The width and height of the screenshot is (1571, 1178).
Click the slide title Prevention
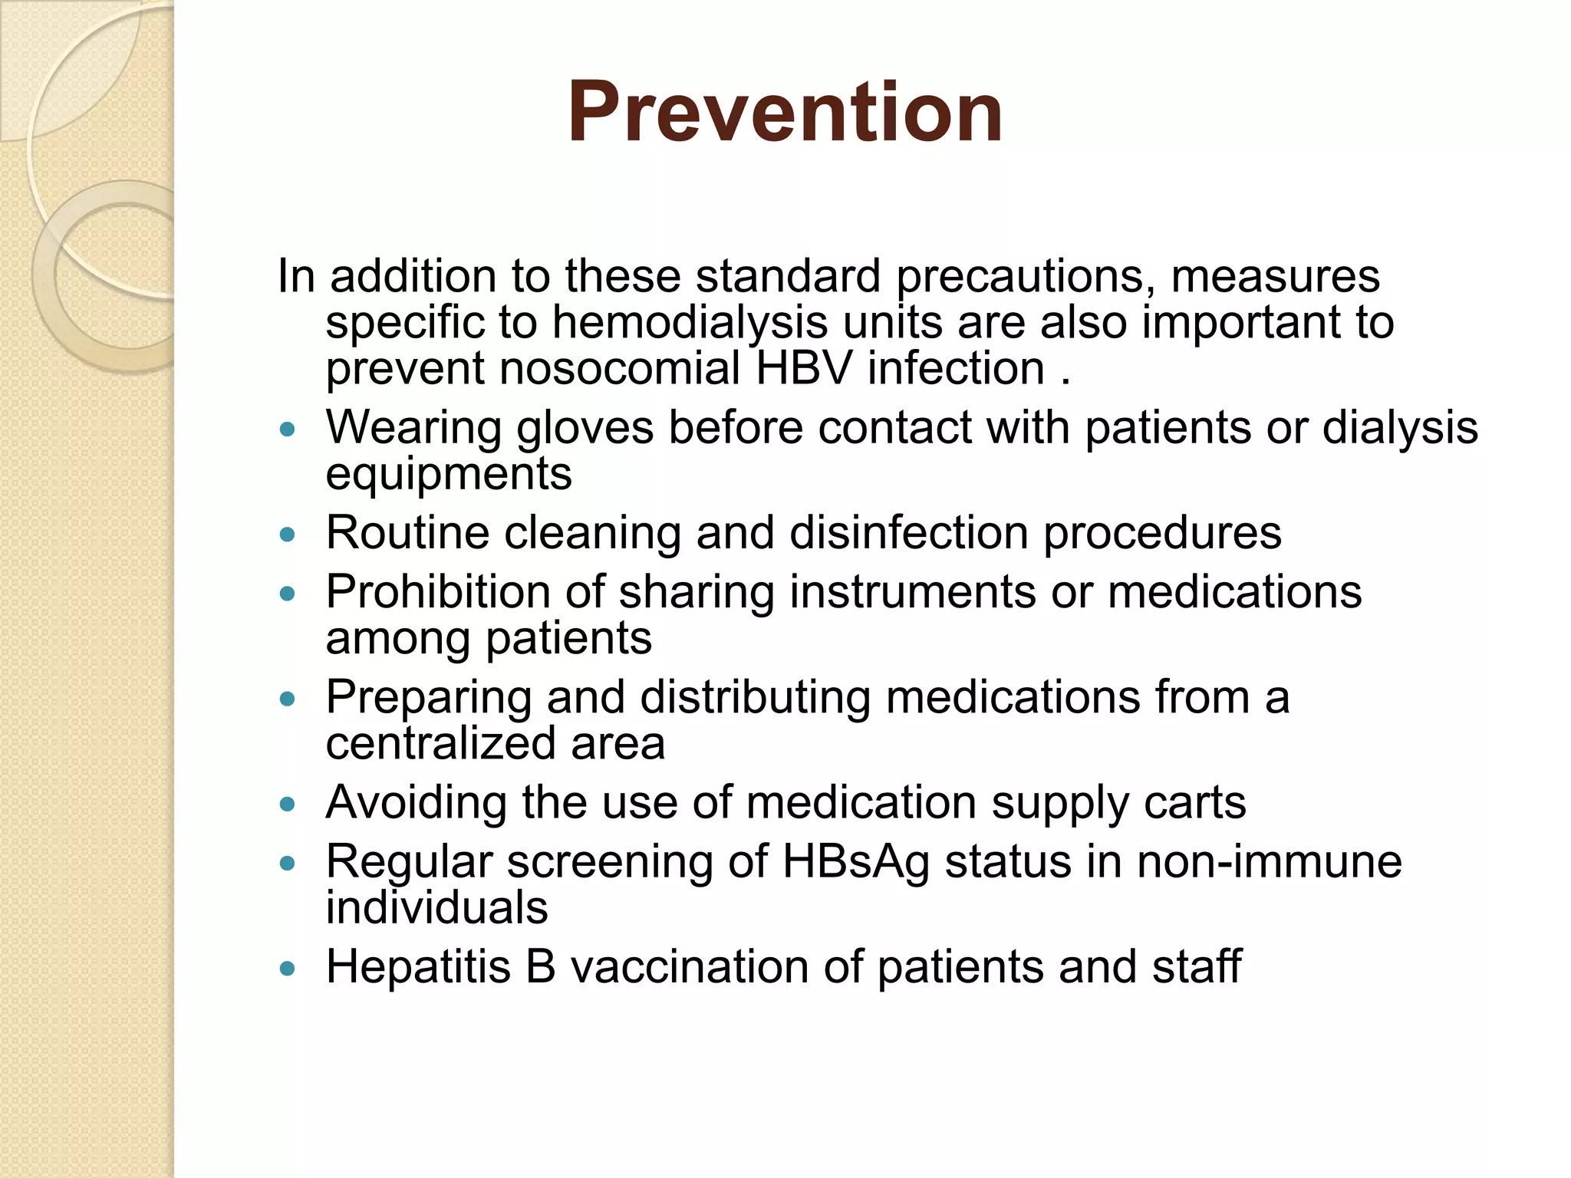785,113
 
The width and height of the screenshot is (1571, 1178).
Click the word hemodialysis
690,322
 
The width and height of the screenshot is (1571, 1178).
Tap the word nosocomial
620,369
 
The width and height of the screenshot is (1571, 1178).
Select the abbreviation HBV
804,369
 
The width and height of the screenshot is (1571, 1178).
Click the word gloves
585,428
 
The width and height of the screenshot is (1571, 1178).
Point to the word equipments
449,474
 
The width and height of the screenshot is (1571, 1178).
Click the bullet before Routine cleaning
288,535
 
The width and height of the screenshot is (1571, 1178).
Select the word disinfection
909,533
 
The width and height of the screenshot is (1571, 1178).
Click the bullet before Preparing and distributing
288,699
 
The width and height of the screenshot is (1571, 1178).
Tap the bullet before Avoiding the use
288,805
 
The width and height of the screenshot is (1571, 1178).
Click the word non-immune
1270,862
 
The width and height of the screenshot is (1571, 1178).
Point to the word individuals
436,908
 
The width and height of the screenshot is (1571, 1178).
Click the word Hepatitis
418,966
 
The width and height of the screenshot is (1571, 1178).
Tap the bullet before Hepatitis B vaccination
288,969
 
